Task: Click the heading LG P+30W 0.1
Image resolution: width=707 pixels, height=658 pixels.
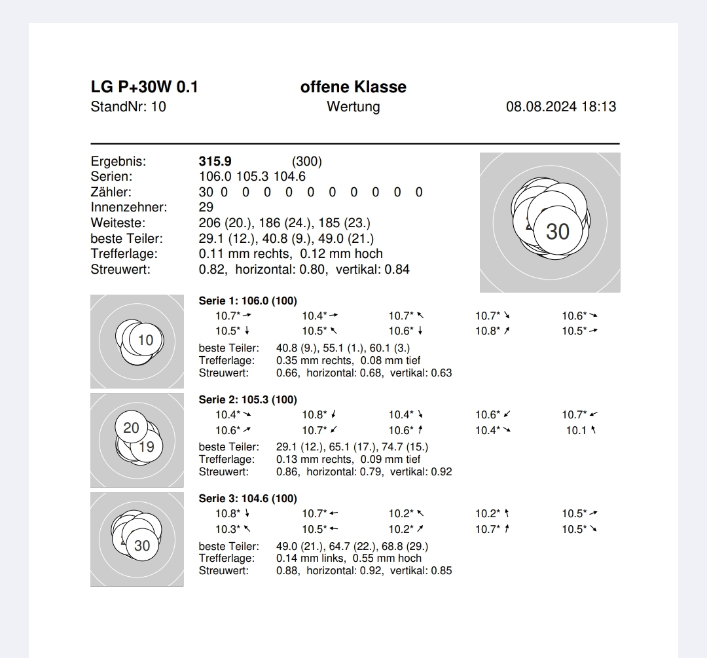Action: [144, 87]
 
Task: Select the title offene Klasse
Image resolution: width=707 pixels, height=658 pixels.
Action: [353, 87]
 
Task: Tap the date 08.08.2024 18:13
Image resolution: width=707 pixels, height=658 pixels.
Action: [560, 107]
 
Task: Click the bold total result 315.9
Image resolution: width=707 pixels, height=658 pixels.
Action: [215, 161]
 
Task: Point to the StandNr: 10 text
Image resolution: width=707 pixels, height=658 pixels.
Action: [128, 107]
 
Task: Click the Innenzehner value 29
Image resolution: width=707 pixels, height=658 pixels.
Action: [206, 208]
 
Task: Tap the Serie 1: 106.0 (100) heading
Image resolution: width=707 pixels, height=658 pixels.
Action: [247, 301]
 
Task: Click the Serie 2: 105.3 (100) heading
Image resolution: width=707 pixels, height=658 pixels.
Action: [247, 400]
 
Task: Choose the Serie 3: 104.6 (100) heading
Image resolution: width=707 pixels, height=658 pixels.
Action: [247, 499]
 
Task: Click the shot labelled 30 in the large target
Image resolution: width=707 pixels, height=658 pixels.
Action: [558, 231]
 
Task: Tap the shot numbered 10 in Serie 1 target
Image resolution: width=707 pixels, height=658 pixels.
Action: [146, 340]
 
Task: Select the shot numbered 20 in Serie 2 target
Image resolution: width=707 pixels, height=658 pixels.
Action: [132, 428]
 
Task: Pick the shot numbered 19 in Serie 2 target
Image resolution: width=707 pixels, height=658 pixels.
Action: [147, 447]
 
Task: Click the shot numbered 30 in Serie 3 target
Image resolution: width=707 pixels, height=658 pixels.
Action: [142, 545]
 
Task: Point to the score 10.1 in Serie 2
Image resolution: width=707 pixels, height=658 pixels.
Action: [577, 430]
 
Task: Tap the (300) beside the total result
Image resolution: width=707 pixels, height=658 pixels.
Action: [307, 161]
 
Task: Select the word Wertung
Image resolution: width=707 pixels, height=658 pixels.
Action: [353, 107]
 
